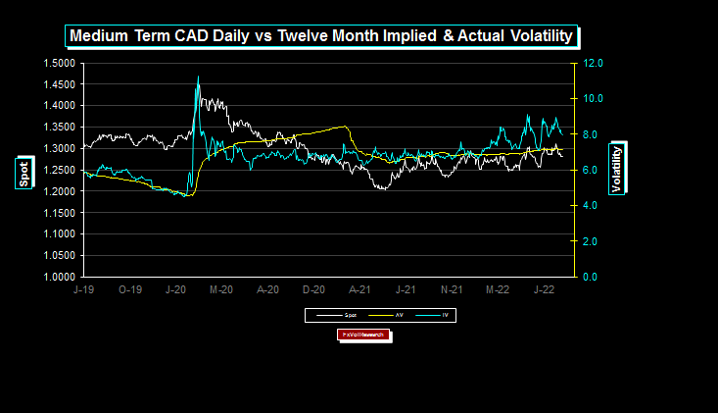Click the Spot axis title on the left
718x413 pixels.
tap(23, 173)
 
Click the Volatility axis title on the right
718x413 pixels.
tap(617, 169)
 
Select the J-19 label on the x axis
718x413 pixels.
tap(84, 290)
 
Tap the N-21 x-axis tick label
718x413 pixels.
tap(451, 290)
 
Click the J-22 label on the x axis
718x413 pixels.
tap(543, 290)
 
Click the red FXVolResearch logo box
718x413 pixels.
tap(363, 336)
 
